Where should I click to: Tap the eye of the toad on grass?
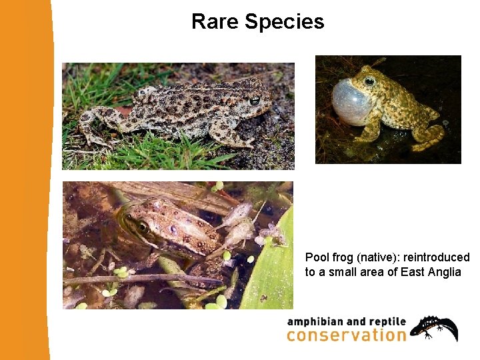(255, 101)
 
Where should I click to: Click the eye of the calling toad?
(369, 81)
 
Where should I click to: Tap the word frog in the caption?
(343, 257)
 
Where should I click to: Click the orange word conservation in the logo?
(346, 335)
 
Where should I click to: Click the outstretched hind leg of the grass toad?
(93, 127)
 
